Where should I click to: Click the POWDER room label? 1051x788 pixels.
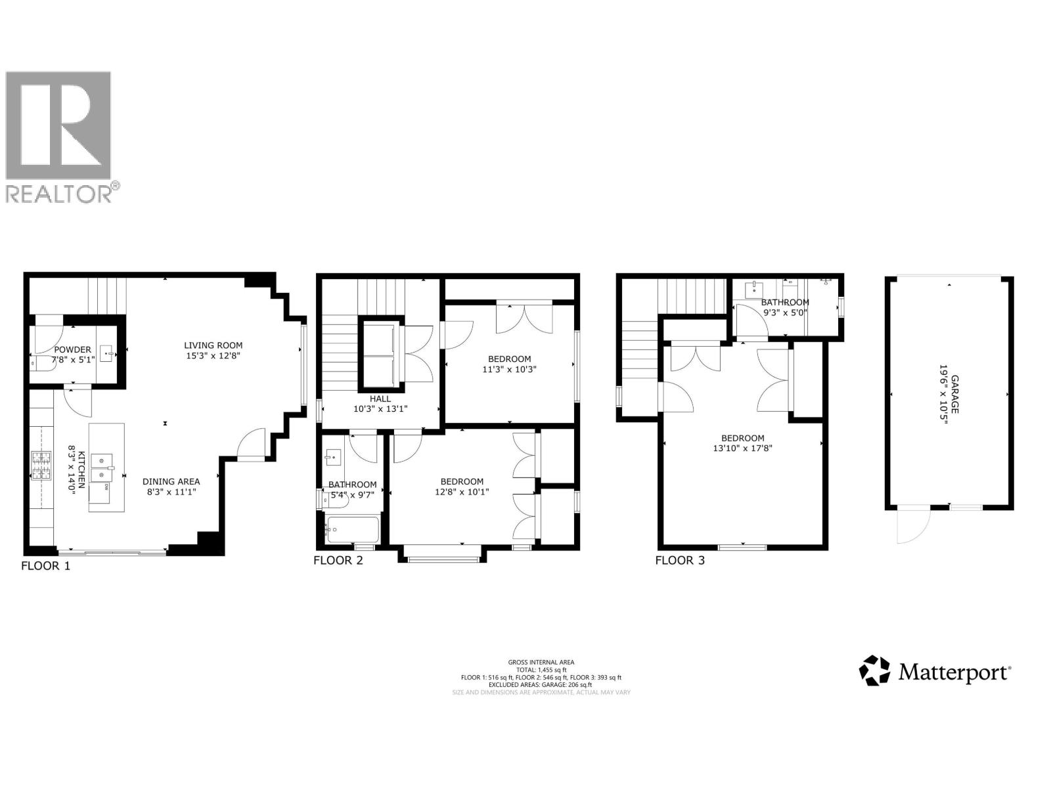coord(73,350)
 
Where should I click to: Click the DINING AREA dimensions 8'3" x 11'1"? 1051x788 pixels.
coord(170,491)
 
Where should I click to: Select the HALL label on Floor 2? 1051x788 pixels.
coord(380,399)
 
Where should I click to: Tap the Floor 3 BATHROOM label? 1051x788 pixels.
coord(785,302)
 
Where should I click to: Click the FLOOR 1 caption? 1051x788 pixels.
coord(45,565)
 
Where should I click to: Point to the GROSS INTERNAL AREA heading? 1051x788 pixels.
coord(541,663)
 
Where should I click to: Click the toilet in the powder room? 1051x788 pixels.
coord(40,361)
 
